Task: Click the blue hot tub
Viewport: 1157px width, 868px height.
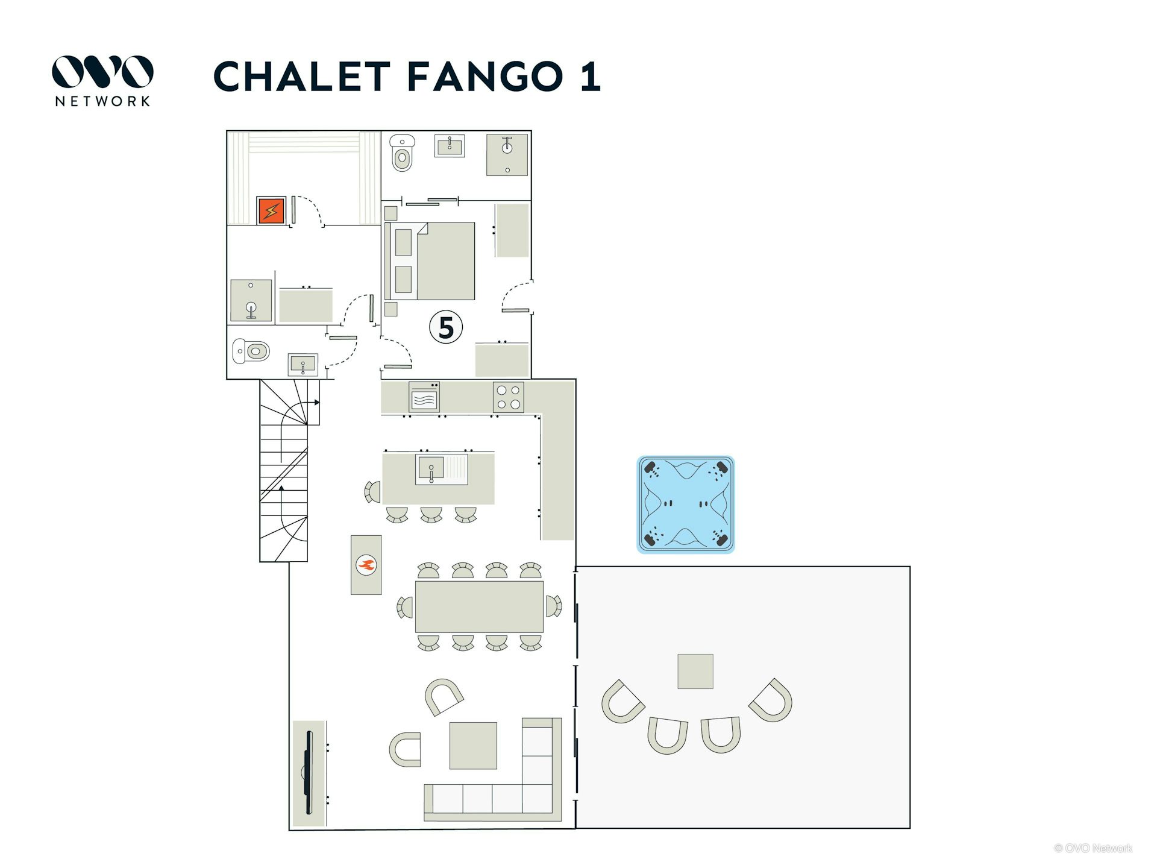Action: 686,505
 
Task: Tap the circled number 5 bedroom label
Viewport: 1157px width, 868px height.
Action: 446,327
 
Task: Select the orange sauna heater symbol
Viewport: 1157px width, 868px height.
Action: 271,211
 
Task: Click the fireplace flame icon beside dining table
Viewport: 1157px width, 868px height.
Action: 366,565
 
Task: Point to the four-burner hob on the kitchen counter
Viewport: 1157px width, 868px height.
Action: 509,397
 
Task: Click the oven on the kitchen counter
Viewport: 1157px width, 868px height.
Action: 424,397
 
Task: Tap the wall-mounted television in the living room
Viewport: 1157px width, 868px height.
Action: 309,773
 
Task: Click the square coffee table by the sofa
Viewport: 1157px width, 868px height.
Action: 474,746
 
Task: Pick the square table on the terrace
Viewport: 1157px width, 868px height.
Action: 695,671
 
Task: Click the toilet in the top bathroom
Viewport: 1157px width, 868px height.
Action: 402,153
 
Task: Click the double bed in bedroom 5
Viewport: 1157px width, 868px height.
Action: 430,261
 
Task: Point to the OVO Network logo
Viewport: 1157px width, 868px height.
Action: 102,81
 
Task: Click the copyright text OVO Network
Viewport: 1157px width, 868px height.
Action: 1093,848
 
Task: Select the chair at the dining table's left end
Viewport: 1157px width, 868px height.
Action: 405,607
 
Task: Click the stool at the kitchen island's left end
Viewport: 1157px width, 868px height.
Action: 372,492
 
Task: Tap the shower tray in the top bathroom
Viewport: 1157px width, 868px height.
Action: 507,155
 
